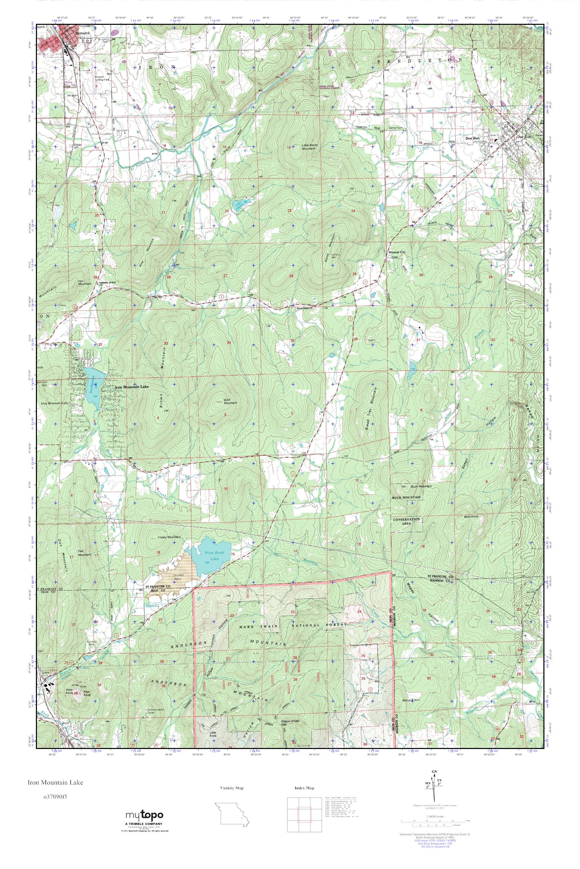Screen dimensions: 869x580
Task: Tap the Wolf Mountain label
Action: pyautogui.click(x=230, y=401)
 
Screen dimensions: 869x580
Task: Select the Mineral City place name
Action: pyautogui.click(x=397, y=252)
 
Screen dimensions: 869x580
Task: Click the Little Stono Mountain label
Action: pyautogui.click(x=309, y=147)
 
